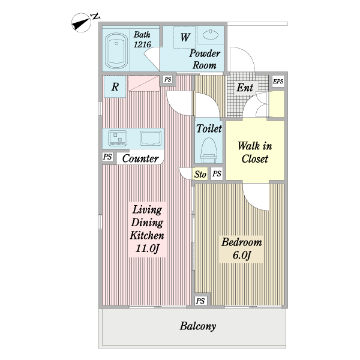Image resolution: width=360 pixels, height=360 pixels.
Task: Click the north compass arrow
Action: point(81,23)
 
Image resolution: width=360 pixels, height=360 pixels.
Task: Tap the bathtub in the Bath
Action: point(116,50)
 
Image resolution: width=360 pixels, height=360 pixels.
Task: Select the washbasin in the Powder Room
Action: point(211,35)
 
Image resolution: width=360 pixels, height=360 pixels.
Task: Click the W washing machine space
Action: point(185,37)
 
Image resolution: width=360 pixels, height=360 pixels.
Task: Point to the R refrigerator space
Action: point(115,86)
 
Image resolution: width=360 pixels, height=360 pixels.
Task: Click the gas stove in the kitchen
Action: point(118,138)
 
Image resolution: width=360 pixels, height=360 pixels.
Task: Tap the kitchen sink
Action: point(151,138)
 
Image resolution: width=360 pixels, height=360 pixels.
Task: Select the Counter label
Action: point(140,158)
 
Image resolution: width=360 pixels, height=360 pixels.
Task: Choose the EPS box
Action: point(278,81)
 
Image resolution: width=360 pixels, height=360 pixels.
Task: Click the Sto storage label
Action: point(200,175)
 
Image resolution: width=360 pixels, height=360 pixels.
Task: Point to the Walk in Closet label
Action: point(255,152)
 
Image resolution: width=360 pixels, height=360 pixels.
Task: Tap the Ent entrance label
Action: point(245,87)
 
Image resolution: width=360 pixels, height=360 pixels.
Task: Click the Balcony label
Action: point(197,326)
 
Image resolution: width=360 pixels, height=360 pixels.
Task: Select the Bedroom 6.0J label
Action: point(242,249)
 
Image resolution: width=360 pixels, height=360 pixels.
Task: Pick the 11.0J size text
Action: point(147,248)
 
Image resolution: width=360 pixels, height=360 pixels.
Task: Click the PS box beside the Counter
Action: point(107,157)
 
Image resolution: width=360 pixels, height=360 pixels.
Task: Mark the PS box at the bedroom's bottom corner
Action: point(200,301)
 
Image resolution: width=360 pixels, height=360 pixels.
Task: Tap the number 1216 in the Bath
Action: point(142,44)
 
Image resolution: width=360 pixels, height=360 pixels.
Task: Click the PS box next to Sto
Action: point(217,173)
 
